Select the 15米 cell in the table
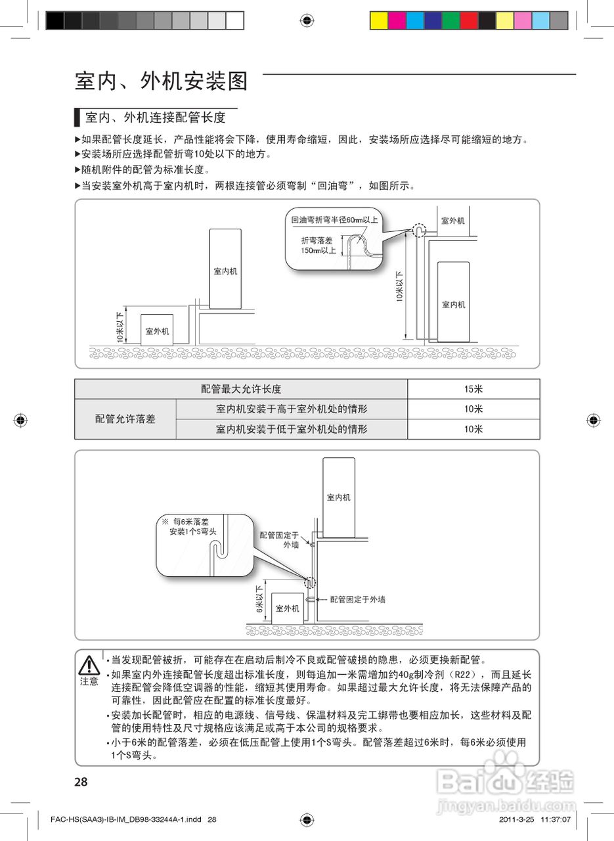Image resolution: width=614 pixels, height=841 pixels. click(473, 389)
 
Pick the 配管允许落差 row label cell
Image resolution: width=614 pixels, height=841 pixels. click(125, 419)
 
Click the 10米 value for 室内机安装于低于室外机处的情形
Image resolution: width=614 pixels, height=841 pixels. click(473, 429)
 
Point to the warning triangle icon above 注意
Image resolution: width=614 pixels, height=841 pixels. click(89, 666)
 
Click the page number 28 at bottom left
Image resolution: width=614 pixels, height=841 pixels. click(81, 782)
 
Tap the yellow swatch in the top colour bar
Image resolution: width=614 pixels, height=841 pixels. click(379, 20)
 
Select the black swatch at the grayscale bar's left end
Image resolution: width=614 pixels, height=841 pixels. click(55, 20)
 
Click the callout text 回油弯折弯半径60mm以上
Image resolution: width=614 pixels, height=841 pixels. click(334, 220)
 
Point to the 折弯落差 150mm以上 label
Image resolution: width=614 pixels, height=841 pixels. click(317, 245)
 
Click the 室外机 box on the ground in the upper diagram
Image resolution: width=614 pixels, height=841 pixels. click(157, 330)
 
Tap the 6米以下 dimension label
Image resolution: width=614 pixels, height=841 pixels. click(259, 599)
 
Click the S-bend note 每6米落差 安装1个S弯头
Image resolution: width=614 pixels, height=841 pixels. click(190, 526)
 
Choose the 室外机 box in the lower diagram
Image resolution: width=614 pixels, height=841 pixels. click(287, 608)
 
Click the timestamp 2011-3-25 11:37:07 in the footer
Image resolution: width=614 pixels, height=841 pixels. click(534, 819)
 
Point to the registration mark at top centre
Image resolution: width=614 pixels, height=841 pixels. click(307, 20)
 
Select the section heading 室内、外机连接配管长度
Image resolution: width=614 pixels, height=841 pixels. click(155, 118)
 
